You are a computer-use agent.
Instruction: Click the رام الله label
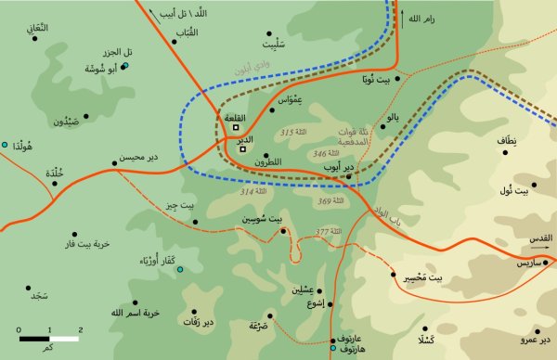pyautogui.click(x=433, y=17)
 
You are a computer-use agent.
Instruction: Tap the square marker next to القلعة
pyautogui.click(x=236, y=128)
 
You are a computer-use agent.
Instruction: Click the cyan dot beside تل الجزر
pyautogui.click(x=125, y=66)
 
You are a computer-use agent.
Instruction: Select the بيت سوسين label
pyautogui.click(x=262, y=219)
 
